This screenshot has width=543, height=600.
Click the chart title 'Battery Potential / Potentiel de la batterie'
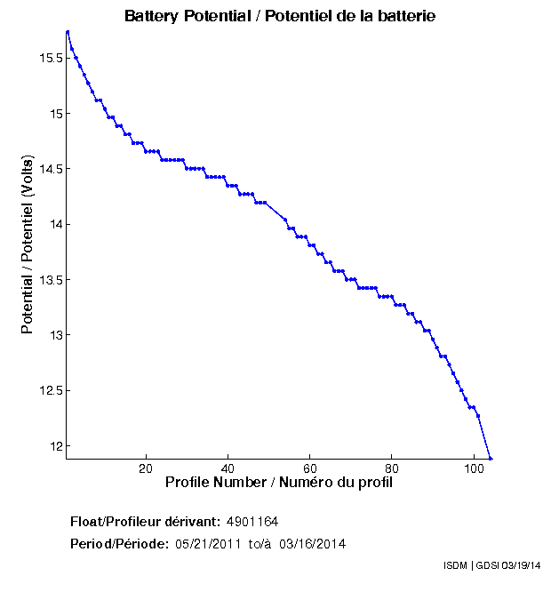[x=280, y=17]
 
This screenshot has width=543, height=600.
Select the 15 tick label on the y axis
[x=53, y=114]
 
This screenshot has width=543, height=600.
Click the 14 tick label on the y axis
[x=53, y=224]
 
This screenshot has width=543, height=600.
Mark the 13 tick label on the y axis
[x=53, y=335]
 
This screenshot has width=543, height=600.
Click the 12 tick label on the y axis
[x=53, y=445]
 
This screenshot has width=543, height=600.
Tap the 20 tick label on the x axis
[x=146, y=468]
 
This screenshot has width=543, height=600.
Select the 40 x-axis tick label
[x=228, y=468]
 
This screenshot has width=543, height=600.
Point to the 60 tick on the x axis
[x=309, y=468]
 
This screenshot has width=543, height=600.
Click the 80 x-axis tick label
[x=391, y=468]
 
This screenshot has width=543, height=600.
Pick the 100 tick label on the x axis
[x=474, y=468]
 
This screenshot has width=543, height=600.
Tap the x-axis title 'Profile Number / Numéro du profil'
[x=279, y=483]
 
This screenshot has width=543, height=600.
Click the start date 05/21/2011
[x=204, y=543]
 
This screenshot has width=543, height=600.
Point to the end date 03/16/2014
[x=312, y=543]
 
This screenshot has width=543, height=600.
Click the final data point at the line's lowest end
[x=490, y=458]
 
